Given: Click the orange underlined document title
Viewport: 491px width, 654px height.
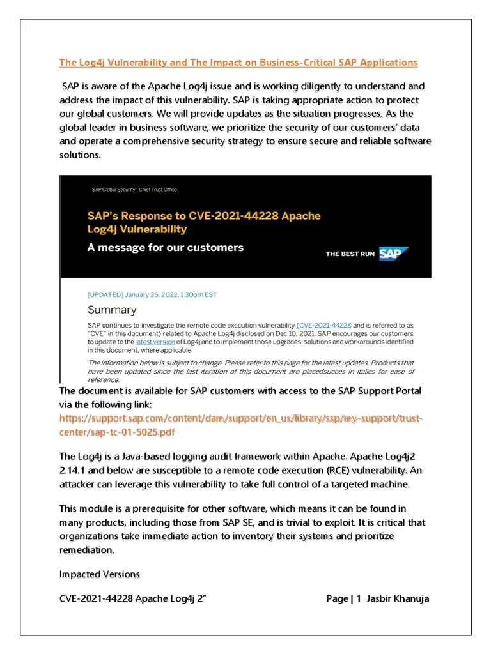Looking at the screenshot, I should (x=238, y=62).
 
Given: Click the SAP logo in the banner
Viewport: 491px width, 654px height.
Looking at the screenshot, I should (x=394, y=254).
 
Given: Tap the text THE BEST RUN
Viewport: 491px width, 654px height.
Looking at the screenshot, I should (x=350, y=254).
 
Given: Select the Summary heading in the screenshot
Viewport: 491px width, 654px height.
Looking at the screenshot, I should (x=112, y=310).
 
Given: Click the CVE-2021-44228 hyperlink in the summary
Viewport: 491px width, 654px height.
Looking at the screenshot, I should (x=325, y=325).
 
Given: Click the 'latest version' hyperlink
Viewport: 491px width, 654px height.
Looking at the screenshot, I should (x=155, y=342).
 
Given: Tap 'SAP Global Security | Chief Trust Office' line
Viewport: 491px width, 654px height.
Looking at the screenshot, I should (x=134, y=190).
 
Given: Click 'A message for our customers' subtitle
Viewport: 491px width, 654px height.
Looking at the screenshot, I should (x=165, y=247).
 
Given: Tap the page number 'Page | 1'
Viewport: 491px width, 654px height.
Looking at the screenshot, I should (x=344, y=598).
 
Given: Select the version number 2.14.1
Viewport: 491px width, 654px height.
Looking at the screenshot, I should (x=78, y=470).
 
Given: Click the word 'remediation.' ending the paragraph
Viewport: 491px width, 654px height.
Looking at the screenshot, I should (x=87, y=549).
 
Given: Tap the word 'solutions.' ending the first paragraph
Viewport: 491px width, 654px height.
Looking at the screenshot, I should (x=81, y=155).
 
